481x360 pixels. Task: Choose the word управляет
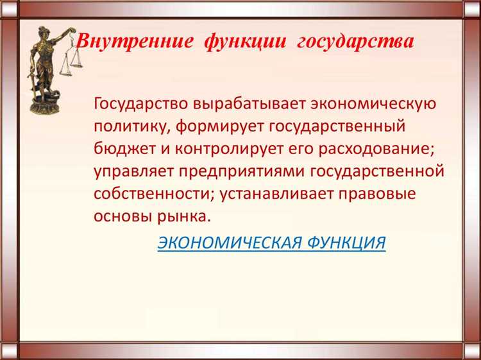132,171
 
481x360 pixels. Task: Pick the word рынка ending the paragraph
181,217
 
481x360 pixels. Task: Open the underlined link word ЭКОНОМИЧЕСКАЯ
230,243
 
